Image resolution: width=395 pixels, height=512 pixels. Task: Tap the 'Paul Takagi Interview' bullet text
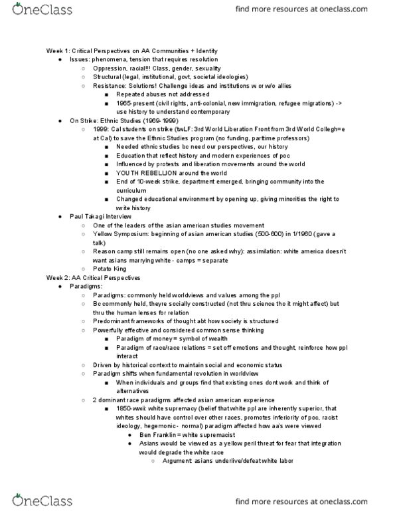point(99,216)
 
